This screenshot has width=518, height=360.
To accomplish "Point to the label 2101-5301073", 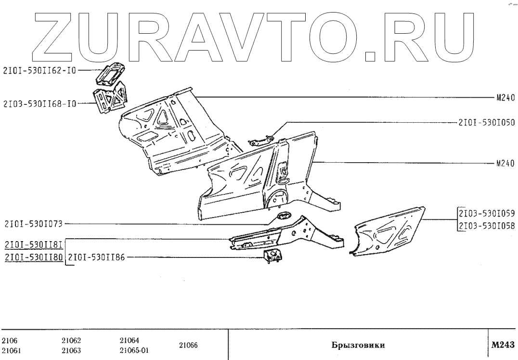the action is point(33,223).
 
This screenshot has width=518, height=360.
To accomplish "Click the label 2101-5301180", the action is point(33,257).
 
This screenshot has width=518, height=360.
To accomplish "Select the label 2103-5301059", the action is point(487,213).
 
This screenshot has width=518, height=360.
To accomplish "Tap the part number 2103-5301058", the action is point(487,226).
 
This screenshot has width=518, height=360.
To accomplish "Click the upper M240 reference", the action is point(505,97).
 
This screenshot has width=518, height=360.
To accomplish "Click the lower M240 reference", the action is point(505,163).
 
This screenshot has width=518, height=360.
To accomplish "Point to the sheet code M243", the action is point(503,345).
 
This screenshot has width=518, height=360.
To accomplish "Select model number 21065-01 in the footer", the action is point(134,350).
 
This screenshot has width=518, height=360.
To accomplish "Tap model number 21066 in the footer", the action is point(188,345).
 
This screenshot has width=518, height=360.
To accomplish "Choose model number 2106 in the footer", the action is point(9,340).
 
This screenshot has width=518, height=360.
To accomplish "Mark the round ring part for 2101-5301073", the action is point(283,216).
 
